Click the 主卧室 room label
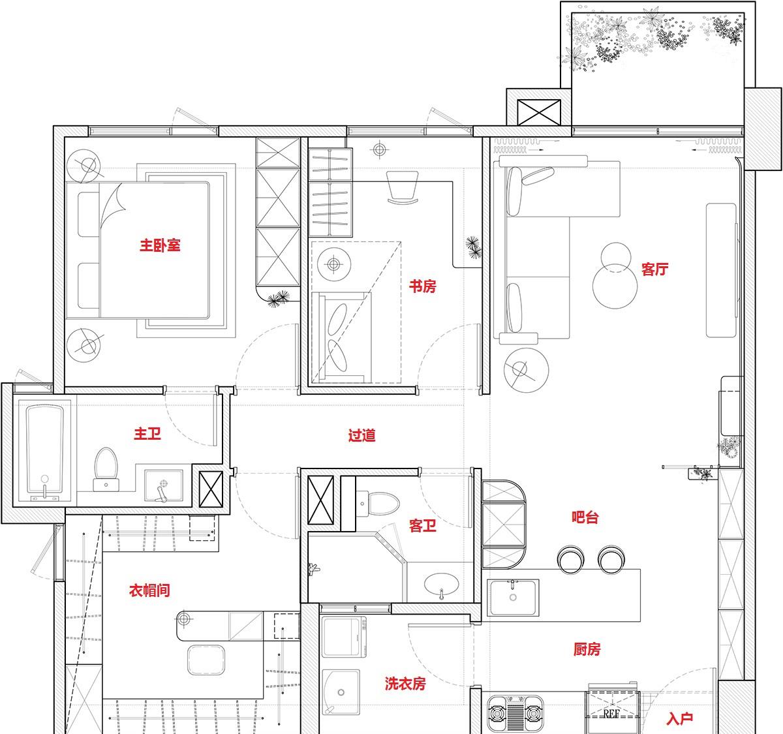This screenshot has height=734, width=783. coord(160,245)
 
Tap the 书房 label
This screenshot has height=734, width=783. coord(422,286)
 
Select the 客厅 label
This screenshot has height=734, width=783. coord(655,269)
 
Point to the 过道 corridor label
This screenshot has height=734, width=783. coord(361,435)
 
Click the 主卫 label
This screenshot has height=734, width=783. coord(147,434)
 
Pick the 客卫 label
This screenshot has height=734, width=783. coord(423,526)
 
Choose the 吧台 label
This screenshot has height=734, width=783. coord(585,517)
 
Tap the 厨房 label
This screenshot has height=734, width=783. coord(587,649)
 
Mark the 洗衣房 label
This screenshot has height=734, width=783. coord(405,684)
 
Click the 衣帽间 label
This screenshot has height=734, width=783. coord(149,590)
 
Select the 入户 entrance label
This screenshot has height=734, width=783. coord(680,718)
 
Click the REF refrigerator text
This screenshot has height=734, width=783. coord(612,713)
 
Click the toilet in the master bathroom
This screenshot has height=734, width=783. coord(106,469)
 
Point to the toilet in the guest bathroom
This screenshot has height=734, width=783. coord(378,504)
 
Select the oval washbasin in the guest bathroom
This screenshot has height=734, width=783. coord(442,585)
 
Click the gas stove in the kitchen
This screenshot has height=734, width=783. coord(515,713)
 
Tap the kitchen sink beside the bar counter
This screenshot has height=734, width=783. coord(513,598)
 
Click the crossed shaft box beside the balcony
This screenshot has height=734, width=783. coord(539,112)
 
